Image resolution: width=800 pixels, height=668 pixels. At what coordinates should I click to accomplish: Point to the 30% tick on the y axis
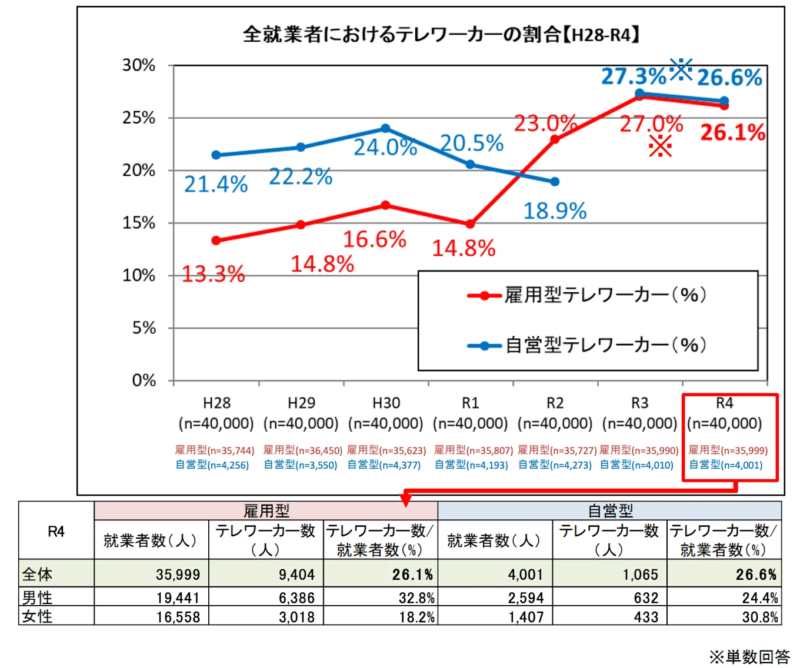click(139, 65)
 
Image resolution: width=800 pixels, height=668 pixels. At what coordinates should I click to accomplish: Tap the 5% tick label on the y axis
click(144, 328)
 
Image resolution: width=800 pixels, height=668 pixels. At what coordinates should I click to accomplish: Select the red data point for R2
click(555, 139)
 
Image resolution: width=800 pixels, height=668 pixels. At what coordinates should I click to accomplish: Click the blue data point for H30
click(385, 128)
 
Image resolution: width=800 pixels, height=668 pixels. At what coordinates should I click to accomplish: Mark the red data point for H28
click(216, 241)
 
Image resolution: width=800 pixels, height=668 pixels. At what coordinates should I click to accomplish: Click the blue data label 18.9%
click(555, 211)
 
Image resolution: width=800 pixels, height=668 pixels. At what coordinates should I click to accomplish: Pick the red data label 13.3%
click(213, 274)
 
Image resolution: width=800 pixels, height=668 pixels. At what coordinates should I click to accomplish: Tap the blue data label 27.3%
click(633, 76)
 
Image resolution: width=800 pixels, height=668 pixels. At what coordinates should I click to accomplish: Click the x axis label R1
click(470, 403)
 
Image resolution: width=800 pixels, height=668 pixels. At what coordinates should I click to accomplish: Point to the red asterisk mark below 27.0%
click(660, 146)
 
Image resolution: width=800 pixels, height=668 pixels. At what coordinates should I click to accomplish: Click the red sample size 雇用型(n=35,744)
click(215, 450)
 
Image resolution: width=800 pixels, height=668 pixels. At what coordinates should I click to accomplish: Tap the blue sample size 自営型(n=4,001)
click(725, 465)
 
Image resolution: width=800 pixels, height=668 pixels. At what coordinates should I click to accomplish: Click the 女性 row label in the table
click(37, 616)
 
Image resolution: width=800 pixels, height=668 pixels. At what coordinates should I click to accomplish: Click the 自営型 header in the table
click(610, 510)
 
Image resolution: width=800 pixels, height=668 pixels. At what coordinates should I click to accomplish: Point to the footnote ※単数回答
click(749, 657)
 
